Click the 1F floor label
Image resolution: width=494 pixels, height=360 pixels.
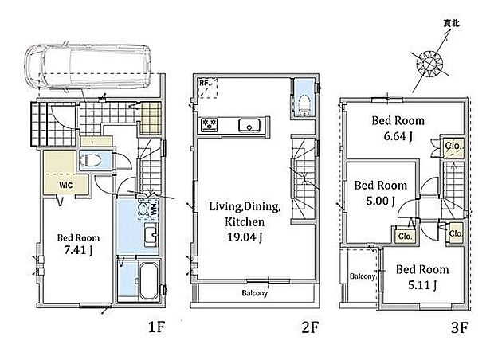[x=157, y=327]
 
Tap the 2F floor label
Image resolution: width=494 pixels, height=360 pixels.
[x=310, y=327]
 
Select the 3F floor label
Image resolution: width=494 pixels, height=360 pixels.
[x=460, y=327]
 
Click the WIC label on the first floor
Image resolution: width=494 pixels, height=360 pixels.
[x=66, y=186]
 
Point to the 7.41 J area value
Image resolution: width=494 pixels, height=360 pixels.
[x=78, y=250]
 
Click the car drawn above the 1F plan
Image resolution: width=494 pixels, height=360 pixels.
[x=88, y=68]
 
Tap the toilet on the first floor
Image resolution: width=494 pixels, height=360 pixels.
[x=91, y=161]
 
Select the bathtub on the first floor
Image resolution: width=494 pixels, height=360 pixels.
[x=148, y=281]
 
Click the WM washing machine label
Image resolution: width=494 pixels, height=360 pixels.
[x=154, y=209]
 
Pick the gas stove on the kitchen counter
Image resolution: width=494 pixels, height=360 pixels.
[x=210, y=125]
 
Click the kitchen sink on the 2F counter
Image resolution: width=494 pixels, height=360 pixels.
[x=249, y=125]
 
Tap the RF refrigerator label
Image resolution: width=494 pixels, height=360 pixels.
[x=204, y=83]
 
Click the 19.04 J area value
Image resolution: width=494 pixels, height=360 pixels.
[x=245, y=237]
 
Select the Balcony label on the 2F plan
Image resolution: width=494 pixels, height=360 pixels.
[x=254, y=293]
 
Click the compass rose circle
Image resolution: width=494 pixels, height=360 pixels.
[x=429, y=64]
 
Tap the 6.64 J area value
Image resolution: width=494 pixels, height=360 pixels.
[x=398, y=136]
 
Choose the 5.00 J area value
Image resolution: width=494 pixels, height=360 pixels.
[x=381, y=201]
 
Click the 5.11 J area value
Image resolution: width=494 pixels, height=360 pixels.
[x=422, y=285]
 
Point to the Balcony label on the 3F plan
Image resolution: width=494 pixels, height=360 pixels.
[x=363, y=276]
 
